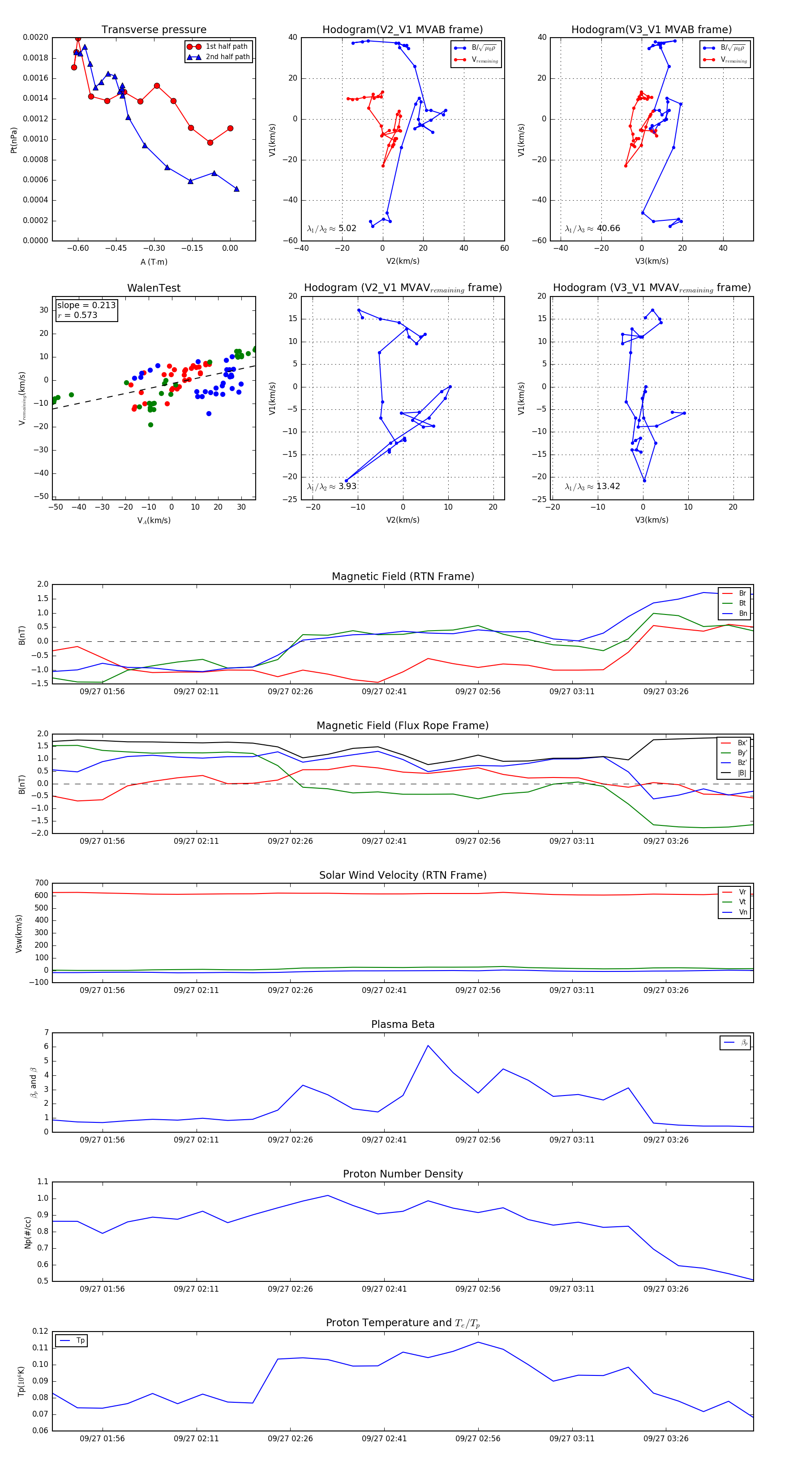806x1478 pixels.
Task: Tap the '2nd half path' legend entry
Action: [227, 57]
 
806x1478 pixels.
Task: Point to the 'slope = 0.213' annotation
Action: [86, 305]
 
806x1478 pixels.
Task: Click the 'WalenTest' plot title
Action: [154, 288]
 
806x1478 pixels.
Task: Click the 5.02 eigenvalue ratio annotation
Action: [347, 228]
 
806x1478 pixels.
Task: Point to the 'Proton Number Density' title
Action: [403, 1174]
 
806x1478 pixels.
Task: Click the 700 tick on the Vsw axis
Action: [41, 883]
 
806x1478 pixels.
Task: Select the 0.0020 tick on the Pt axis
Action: [35, 37]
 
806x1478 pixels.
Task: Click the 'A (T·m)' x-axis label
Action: [154, 262]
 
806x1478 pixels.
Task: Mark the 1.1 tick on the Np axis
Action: [43, 1182]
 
